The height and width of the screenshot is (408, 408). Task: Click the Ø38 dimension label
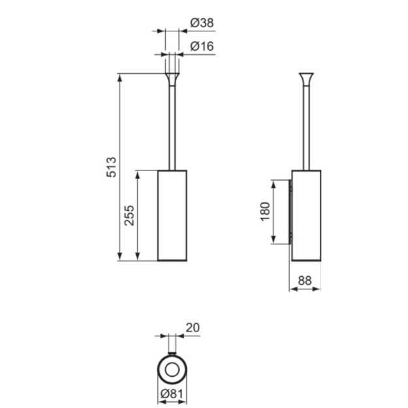point(202,23)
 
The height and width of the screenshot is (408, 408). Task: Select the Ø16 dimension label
point(202,46)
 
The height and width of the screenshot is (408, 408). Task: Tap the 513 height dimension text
point(112,167)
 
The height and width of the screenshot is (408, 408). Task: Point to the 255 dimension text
point(129,215)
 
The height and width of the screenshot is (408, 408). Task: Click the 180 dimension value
point(265,212)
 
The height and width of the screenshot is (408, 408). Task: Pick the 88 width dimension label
point(305,281)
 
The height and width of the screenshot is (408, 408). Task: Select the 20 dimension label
point(193,328)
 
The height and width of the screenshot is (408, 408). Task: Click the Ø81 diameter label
point(172,394)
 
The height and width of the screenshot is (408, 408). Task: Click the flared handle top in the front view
point(172,80)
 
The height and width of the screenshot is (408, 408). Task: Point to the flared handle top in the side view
point(306,80)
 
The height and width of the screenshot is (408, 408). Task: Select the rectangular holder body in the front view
point(172,215)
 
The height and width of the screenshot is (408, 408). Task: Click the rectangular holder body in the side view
point(306,215)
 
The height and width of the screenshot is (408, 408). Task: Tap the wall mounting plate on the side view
point(290,212)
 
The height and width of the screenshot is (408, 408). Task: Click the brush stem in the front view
point(172,128)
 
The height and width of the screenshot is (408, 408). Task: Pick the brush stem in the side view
point(306,128)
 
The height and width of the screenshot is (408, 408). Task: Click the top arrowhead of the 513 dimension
point(119,78)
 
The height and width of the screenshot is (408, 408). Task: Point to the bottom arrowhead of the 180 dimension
point(274,240)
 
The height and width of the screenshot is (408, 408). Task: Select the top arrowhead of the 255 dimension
point(138,175)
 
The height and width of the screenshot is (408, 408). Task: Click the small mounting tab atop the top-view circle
point(172,353)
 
